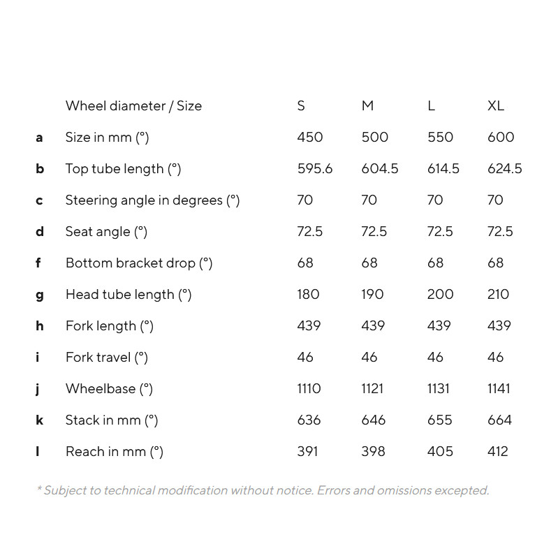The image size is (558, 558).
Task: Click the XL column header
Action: (x=496, y=106)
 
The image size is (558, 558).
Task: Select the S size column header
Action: (x=301, y=106)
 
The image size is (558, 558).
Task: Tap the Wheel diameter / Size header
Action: (x=133, y=106)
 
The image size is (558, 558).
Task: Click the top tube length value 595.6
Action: (x=315, y=169)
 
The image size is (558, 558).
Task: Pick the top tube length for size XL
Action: (x=504, y=169)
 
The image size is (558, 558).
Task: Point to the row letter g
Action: (x=40, y=295)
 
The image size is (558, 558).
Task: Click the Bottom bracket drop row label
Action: (x=138, y=263)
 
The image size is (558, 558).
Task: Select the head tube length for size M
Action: (x=372, y=295)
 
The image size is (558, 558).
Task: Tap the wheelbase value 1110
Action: (x=309, y=389)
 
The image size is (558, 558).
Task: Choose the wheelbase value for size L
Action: (x=439, y=389)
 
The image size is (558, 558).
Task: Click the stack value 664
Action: (x=499, y=420)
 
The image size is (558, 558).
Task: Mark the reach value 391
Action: (x=307, y=452)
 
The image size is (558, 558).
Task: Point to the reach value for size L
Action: (x=440, y=452)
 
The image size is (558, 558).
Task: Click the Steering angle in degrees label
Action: (x=152, y=200)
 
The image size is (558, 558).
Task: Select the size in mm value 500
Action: (x=374, y=138)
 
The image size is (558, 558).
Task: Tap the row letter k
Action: (x=40, y=420)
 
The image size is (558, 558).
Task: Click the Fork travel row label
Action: (x=107, y=358)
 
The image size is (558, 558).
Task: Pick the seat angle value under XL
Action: (x=500, y=232)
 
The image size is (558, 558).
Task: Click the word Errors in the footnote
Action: (x=333, y=490)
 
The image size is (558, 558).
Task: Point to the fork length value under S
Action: (x=309, y=326)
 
